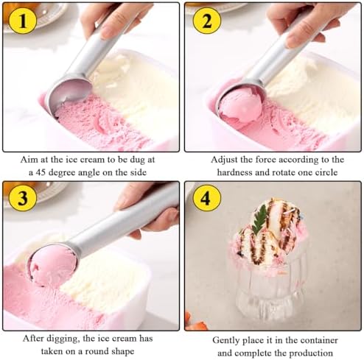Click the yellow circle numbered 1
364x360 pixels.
coord(22,22)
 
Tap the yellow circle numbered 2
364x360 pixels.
coord(206,22)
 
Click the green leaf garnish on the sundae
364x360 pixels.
coord(261,219)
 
